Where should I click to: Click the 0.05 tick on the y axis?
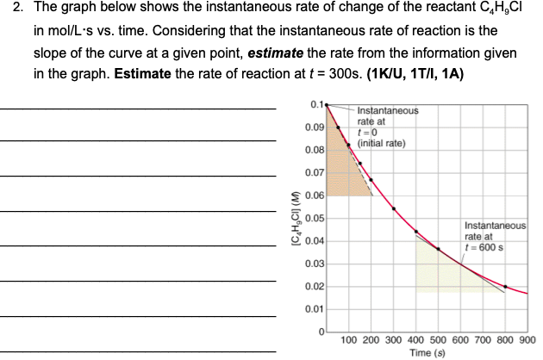tap(315, 218)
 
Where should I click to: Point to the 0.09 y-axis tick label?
tap(315, 127)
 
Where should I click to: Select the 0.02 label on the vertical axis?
tap(315, 286)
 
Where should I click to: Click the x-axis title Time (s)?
tap(427, 352)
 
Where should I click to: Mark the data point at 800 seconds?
tap(505, 287)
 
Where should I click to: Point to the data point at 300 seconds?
tap(394, 208)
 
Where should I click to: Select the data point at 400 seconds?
tap(416, 232)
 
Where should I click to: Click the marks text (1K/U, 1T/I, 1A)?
tap(415, 74)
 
